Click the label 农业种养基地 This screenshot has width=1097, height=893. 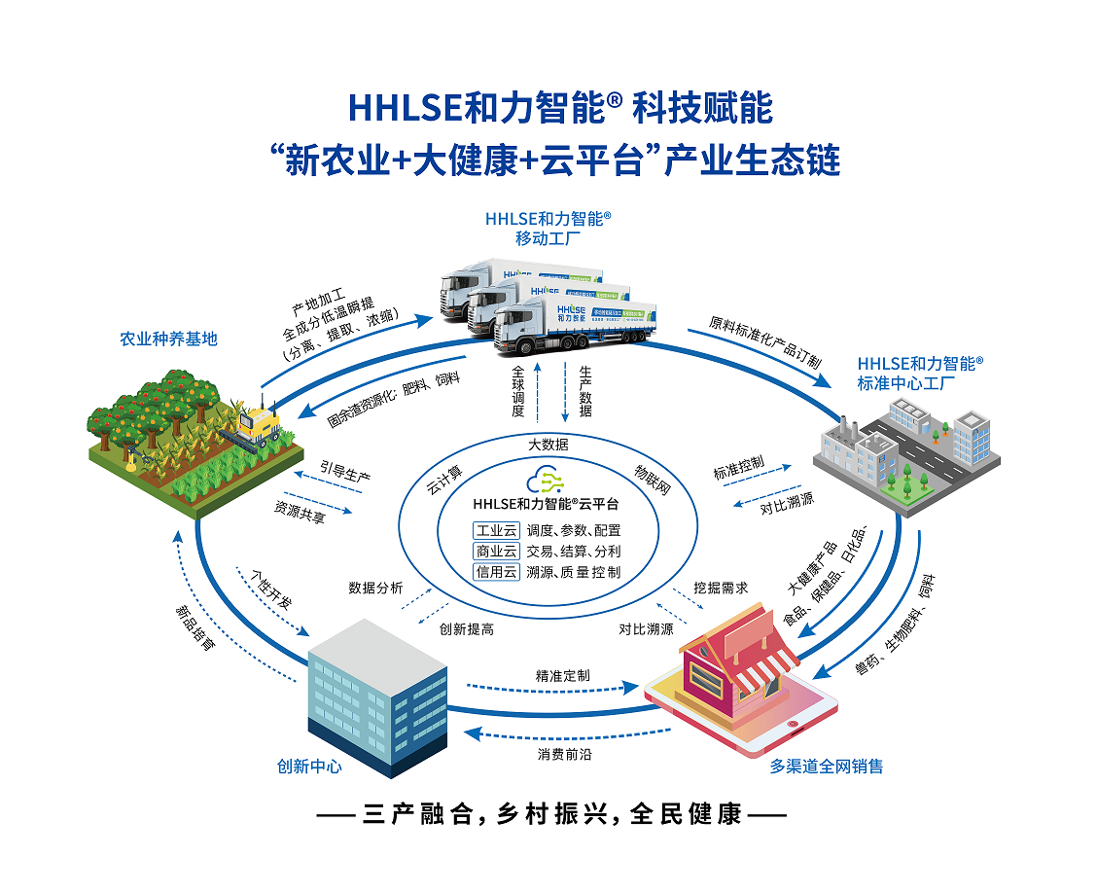[168, 339]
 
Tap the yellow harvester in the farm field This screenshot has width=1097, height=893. [256, 424]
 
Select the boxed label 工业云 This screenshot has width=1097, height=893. [496, 530]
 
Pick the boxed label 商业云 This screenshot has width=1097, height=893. [496, 551]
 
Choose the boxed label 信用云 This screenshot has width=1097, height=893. [496, 572]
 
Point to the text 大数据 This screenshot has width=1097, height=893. [548, 445]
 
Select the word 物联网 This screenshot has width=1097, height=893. [653, 477]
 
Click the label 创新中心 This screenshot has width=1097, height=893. [309, 766]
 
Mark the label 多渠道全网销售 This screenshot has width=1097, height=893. [827, 766]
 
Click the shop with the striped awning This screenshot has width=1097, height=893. [739, 661]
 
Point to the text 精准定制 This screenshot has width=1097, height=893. [562, 675]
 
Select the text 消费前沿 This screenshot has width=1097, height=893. [564, 754]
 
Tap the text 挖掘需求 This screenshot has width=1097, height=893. [721, 589]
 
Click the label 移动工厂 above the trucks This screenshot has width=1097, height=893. [548, 237]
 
